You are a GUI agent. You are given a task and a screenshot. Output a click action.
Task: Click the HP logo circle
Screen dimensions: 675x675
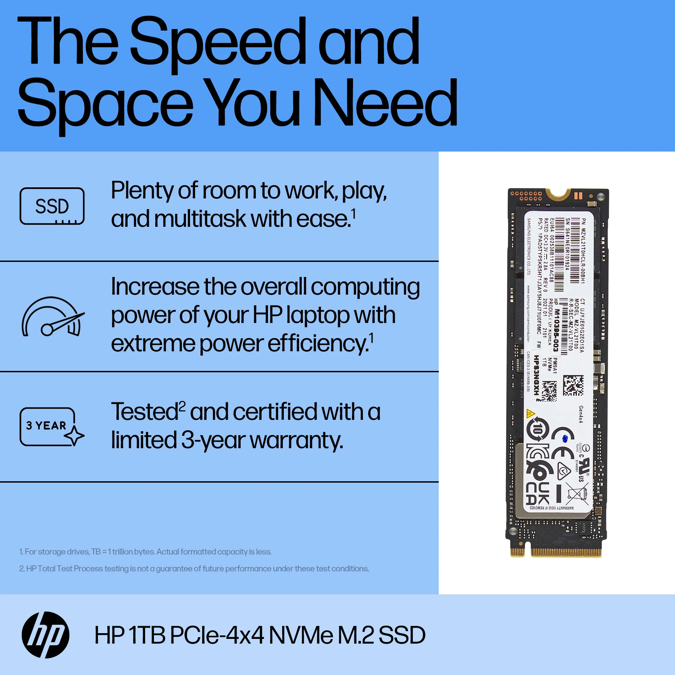coord(46,635)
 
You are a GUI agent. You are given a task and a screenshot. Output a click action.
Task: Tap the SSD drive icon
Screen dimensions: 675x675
coord(52,206)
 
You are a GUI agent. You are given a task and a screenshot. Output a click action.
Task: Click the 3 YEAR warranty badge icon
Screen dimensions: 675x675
coord(52,427)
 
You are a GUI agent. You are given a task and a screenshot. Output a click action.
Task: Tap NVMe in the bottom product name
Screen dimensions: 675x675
coord(301,635)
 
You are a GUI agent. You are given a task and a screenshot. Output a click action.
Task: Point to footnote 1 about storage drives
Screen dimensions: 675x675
coord(145,552)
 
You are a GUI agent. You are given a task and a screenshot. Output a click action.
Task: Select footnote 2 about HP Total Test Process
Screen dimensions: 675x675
coord(194,568)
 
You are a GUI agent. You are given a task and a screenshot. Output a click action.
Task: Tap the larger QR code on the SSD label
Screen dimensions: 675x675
coord(573,385)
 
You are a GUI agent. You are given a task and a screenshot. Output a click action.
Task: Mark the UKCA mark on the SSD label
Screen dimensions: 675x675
coord(538,494)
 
